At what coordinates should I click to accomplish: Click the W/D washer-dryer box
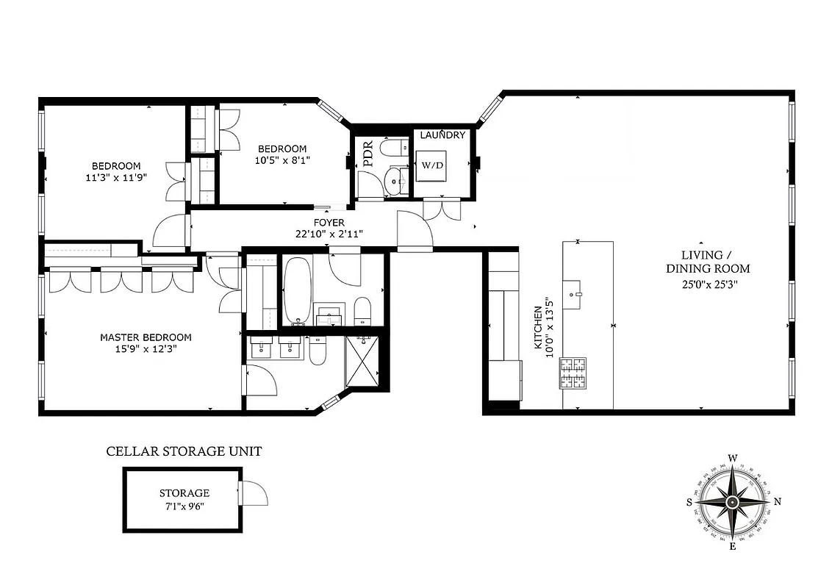(432, 165)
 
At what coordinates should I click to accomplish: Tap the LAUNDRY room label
(442, 135)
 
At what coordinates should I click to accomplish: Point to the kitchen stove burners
(573, 373)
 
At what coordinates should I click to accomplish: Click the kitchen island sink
(574, 293)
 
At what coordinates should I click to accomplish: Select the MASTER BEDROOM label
(146, 337)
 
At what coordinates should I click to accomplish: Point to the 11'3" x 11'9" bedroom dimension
(116, 176)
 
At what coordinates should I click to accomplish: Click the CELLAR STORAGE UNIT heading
(184, 451)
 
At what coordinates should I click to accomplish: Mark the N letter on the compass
(778, 502)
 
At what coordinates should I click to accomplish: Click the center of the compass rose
(733, 502)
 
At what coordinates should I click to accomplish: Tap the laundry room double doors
(443, 208)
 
